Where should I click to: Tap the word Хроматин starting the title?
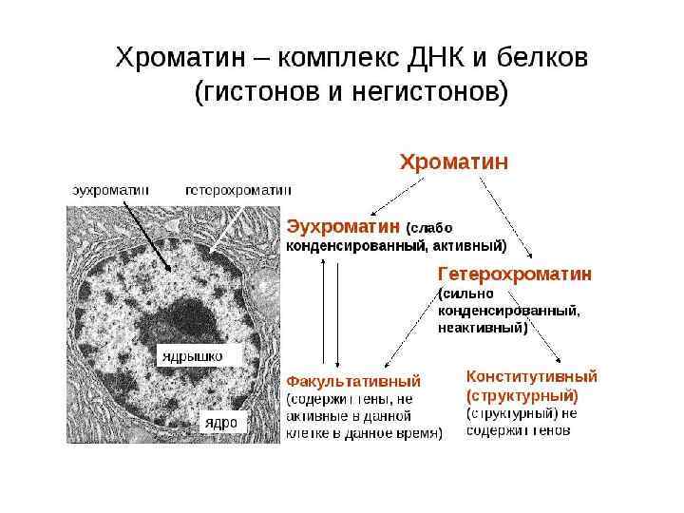180,58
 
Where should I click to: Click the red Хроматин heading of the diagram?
454,161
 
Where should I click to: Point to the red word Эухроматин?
344,226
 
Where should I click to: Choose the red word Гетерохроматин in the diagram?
514,274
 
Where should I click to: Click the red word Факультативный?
353,381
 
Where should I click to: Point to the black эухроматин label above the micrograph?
111,189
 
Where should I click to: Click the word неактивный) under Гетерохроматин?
482,329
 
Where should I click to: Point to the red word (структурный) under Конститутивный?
522,394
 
